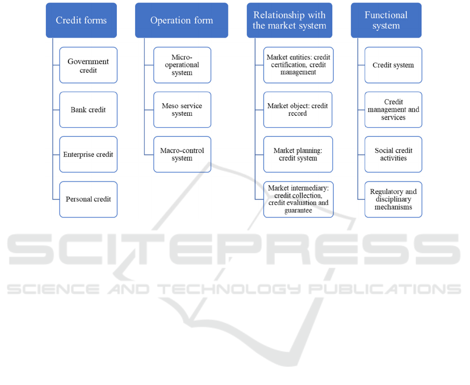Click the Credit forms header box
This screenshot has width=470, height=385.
tap(81, 20)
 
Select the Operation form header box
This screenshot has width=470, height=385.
tap(182, 20)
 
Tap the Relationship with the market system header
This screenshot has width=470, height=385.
tap(290, 20)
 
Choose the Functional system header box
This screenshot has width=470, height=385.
tap(386, 20)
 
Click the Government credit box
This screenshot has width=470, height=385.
tap(88, 65)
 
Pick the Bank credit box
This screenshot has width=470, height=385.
tap(88, 110)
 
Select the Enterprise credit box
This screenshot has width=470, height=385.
tap(88, 154)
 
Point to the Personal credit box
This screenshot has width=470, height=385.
tap(88, 199)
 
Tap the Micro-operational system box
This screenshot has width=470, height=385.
tap(182, 65)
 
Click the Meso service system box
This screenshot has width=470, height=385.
tap(182, 110)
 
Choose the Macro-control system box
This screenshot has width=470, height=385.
tap(182, 154)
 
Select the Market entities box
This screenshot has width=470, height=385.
tap(298, 65)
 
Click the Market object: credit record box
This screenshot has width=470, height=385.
tap(298, 110)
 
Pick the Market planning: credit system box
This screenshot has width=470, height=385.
tap(298, 154)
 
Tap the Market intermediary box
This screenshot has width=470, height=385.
tap(298, 199)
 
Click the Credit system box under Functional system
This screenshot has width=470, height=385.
tap(393, 65)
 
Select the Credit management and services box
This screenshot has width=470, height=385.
tap(393, 110)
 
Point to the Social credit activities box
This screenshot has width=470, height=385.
tap(393, 154)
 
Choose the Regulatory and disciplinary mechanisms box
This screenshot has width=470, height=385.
tap(393, 199)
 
